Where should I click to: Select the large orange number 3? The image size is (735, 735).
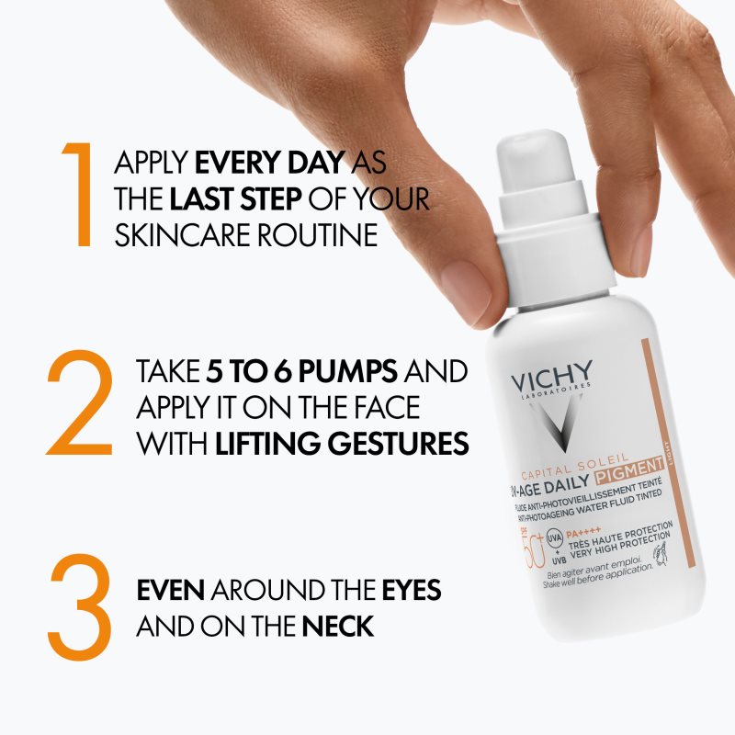79,606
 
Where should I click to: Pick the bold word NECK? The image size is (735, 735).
337,628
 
